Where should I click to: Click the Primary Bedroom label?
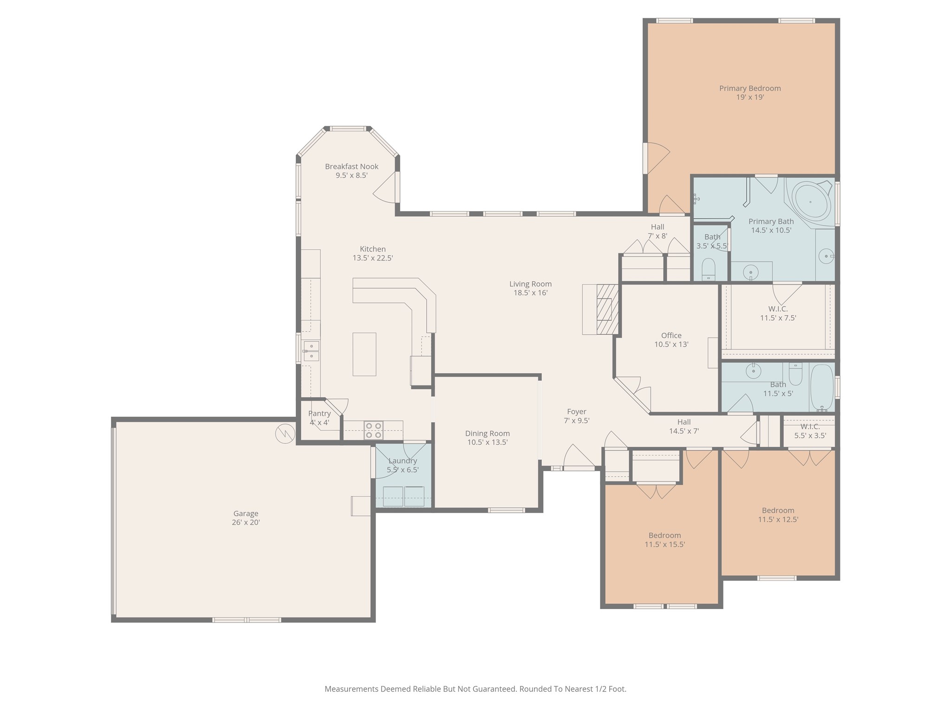(750, 88)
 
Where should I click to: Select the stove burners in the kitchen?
(374, 430)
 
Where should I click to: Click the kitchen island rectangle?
(365, 354)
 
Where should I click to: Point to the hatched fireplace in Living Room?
(607, 309)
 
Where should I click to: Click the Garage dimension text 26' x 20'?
(246, 522)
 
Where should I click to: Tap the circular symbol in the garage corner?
(285, 434)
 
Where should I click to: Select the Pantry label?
(319, 414)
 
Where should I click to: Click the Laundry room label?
(403, 461)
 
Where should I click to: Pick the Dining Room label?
(488, 434)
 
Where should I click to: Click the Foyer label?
(577, 412)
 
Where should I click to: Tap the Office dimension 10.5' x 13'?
(671, 344)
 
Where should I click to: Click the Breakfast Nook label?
(352, 167)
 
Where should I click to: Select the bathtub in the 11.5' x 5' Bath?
(822, 387)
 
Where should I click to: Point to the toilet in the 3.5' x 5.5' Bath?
(708, 270)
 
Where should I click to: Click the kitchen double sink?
(311, 351)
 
